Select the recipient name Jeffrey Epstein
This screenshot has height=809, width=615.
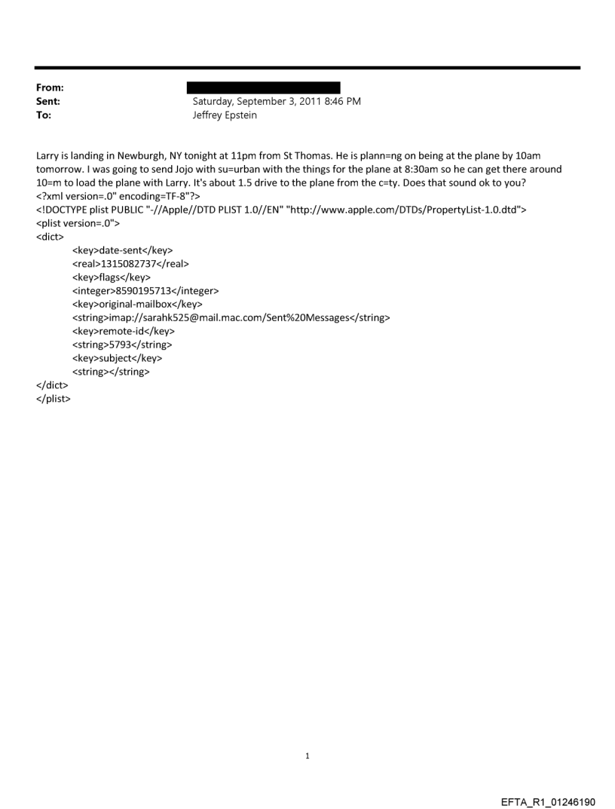coord(225,115)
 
